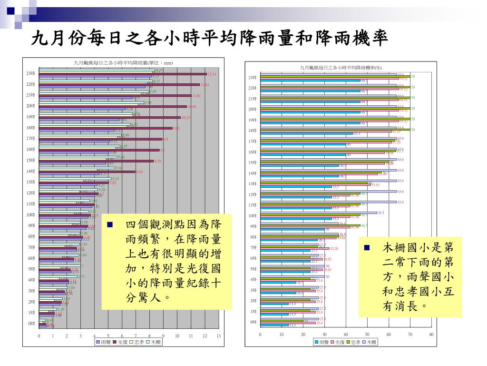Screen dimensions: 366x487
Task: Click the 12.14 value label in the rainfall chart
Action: pos(212,74)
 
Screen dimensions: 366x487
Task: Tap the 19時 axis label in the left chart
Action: pos(30,117)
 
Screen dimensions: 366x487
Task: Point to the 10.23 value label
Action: pos(185,118)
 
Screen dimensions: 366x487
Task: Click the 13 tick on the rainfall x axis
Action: pos(219,336)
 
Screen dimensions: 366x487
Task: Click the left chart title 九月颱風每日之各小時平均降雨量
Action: pos(123,63)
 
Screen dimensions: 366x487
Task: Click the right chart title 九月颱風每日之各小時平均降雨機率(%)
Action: pos(341,68)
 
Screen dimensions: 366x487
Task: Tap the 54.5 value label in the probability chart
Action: pos(380,213)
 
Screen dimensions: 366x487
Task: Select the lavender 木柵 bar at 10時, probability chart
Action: pos(318,213)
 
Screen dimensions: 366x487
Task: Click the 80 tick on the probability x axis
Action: pos(431,334)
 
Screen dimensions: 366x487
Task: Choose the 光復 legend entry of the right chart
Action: pos(338,342)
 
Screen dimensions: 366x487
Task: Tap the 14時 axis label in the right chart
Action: pos(252,173)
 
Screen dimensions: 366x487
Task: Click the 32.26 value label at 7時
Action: pos(334,248)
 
